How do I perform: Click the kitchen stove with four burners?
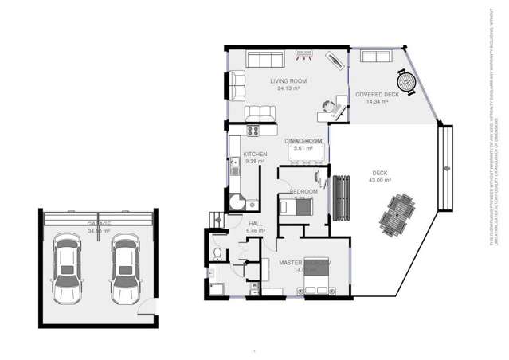[255, 131]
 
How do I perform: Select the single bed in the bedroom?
[299, 207]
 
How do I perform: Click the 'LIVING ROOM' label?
[288, 81]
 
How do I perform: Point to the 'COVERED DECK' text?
[377, 94]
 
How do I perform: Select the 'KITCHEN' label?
[255, 154]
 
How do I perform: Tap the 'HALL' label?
[256, 224]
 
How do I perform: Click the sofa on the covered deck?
[374, 56]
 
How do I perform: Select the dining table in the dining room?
[306, 155]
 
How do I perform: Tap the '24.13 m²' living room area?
[288, 88]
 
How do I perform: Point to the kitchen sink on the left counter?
[234, 169]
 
